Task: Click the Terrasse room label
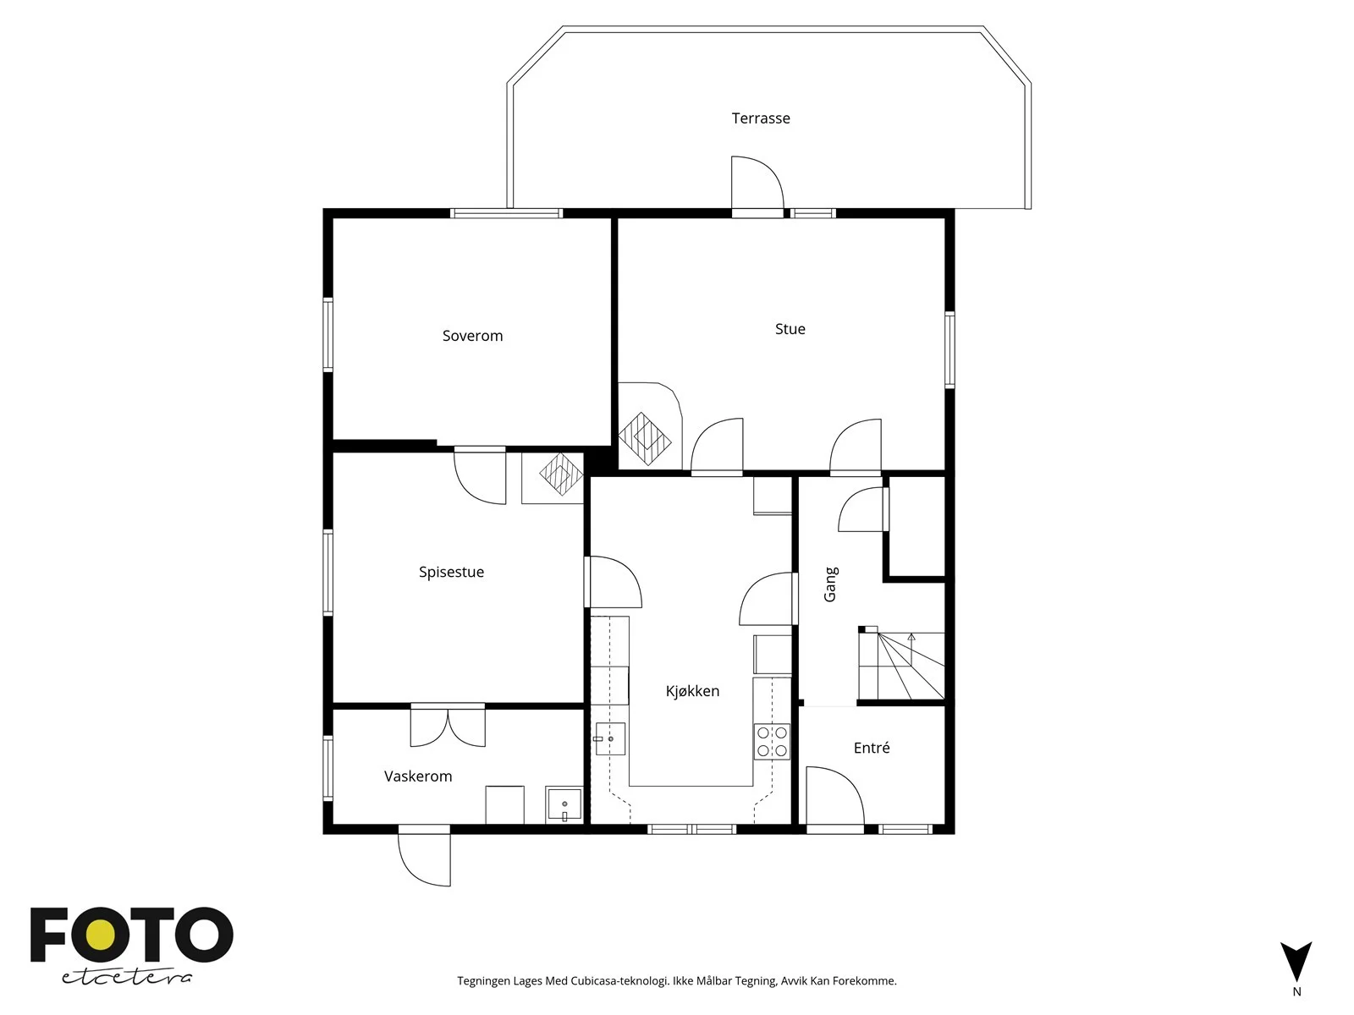click(x=760, y=118)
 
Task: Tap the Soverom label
click(x=472, y=336)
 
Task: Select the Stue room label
click(x=790, y=329)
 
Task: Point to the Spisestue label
click(x=451, y=572)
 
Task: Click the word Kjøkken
click(x=692, y=691)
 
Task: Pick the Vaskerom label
click(x=417, y=776)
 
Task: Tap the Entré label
click(x=872, y=748)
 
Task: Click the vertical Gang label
click(x=830, y=584)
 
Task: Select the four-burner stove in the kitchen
click(x=772, y=742)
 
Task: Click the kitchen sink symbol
click(x=610, y=739)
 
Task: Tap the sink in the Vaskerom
click(x=564, y=804)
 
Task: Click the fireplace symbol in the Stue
click(x=645, y=439)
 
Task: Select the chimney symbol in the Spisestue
click(x=561, y=474)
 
